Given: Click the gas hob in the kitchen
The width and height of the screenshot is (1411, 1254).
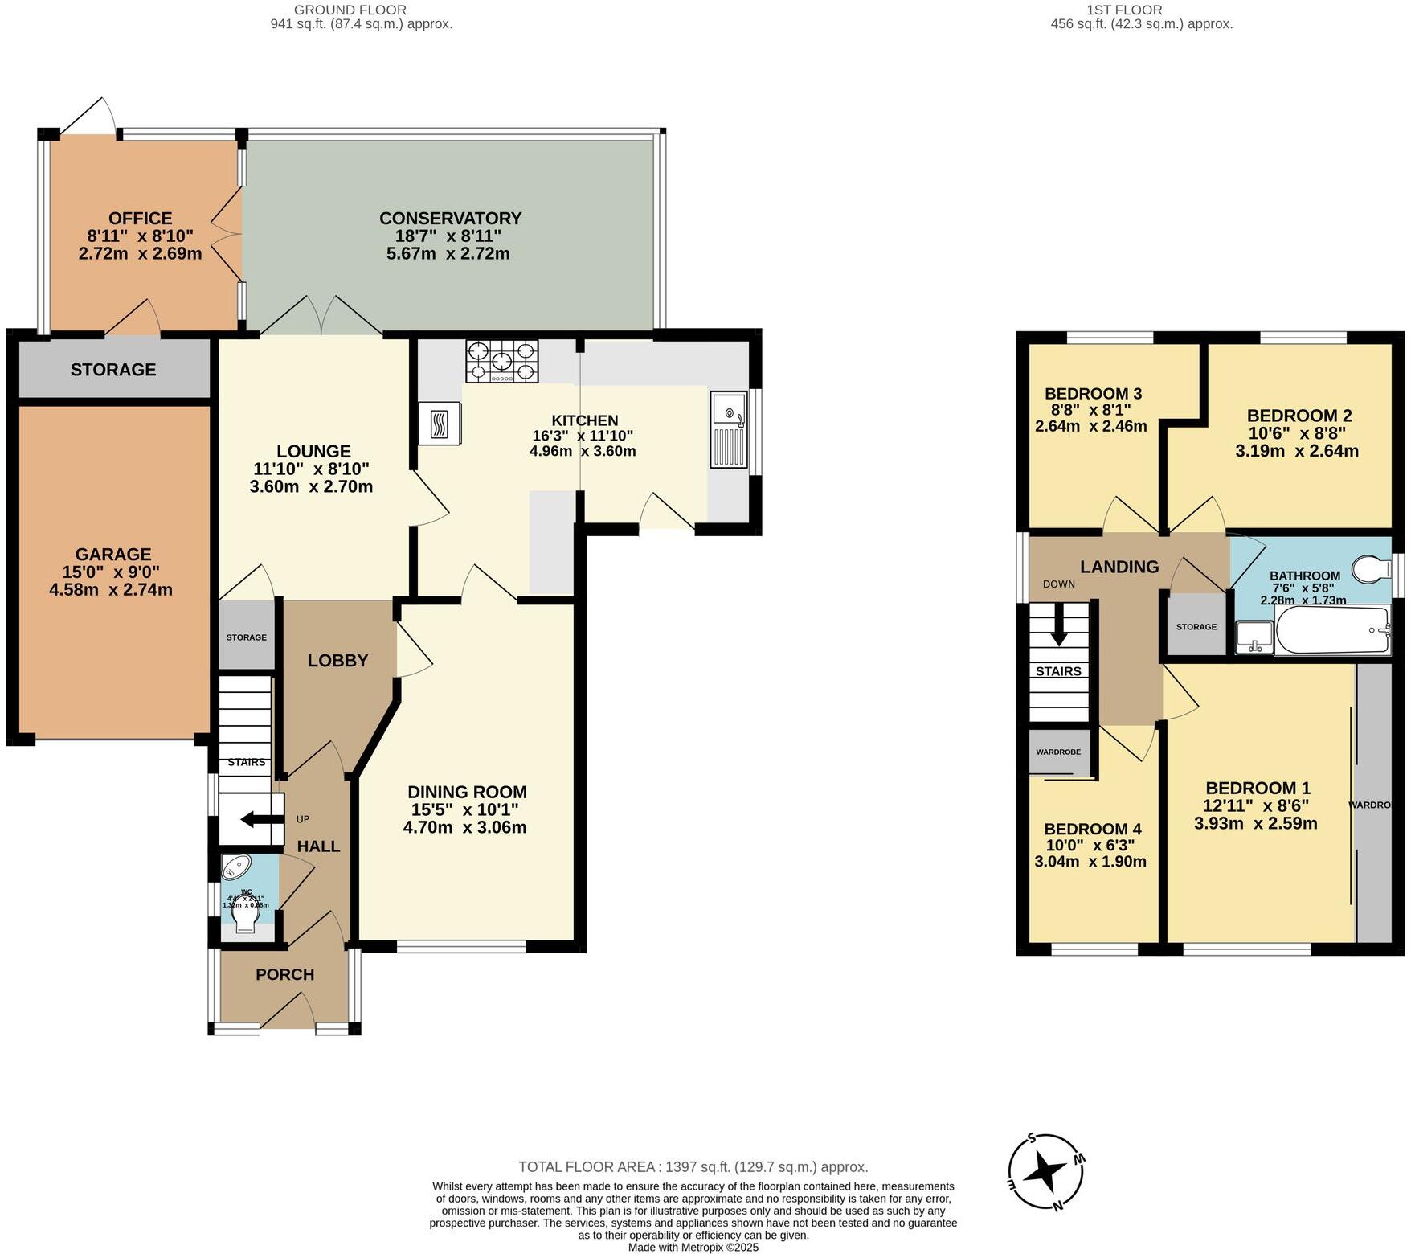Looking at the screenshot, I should click(502, 361).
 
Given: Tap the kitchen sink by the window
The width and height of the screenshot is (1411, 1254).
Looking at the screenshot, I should click(729, 429).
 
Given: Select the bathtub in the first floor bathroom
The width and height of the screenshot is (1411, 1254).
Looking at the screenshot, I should click(1332, 631).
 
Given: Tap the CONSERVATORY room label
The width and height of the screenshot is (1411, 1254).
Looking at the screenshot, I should click(450, 219).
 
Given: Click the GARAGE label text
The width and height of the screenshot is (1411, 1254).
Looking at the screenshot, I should click(113, 554).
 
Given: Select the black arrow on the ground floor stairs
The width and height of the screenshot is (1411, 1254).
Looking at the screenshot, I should click(257, 820).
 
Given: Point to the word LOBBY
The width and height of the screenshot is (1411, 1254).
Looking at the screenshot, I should click(337, 661).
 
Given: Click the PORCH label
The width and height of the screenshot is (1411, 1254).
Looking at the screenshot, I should click(284, 974).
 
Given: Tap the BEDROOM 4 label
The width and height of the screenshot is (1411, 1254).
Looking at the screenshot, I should click(1092, 829).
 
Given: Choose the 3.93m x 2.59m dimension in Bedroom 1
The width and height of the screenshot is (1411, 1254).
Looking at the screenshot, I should click(1255, 823).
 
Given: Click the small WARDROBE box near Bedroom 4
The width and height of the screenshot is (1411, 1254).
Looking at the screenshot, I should click(1058, 752).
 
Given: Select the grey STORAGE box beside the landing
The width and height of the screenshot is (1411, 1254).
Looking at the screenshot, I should click(1196, 626).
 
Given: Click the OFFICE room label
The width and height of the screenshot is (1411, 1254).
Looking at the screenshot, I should click(140, 219).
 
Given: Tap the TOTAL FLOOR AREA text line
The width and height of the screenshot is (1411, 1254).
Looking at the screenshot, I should click(693, 1166).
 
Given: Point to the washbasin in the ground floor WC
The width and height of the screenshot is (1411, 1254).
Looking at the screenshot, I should click(236, 867).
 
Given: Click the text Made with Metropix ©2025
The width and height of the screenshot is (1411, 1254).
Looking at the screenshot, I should click(693, 1248).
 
